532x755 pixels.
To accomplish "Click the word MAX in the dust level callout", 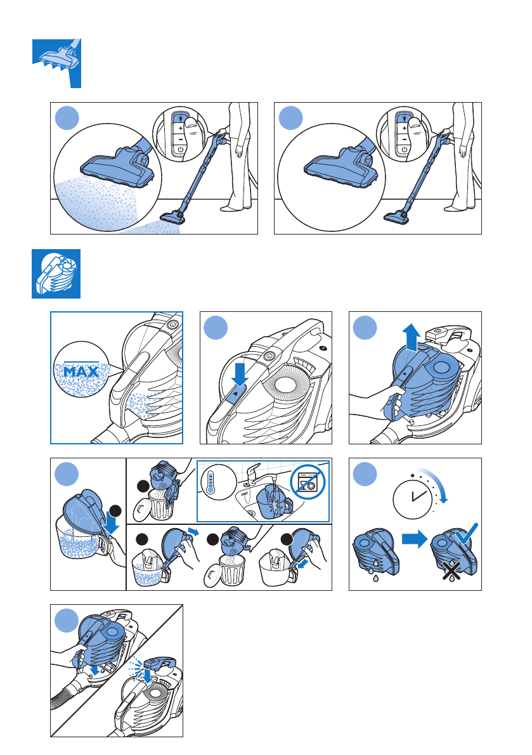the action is click(81, 371).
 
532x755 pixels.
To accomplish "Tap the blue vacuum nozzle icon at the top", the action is click(57, 63).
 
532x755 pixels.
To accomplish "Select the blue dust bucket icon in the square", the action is click(56, 273).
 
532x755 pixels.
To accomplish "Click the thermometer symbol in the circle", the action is click(211, 483).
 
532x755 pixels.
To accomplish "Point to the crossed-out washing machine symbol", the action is click(308, 482).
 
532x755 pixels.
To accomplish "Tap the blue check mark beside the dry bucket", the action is click(466, 533).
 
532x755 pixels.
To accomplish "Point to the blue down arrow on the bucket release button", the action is click(240, 374).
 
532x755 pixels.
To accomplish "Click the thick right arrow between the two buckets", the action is click(415, 538).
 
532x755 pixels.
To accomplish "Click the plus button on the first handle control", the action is click(181, 128).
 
